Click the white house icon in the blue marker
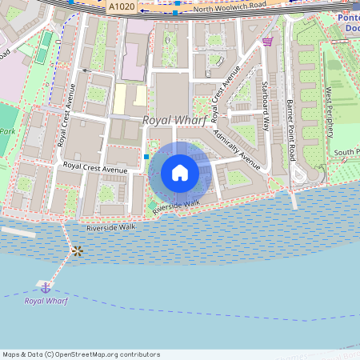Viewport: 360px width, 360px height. point(180,172)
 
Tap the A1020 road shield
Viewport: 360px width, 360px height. point(121,6)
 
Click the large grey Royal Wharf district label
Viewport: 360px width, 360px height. point(175,120)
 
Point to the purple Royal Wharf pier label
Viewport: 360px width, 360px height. point(45,301)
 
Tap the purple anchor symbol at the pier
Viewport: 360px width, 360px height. point(46,286)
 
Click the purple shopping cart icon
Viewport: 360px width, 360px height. point(267,42)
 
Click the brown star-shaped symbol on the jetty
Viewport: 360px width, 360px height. point(77,251)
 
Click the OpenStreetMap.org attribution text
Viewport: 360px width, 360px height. point(104,354)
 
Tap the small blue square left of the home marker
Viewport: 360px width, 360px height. point(146,157)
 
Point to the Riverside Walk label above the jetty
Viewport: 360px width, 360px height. point(111,228)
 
